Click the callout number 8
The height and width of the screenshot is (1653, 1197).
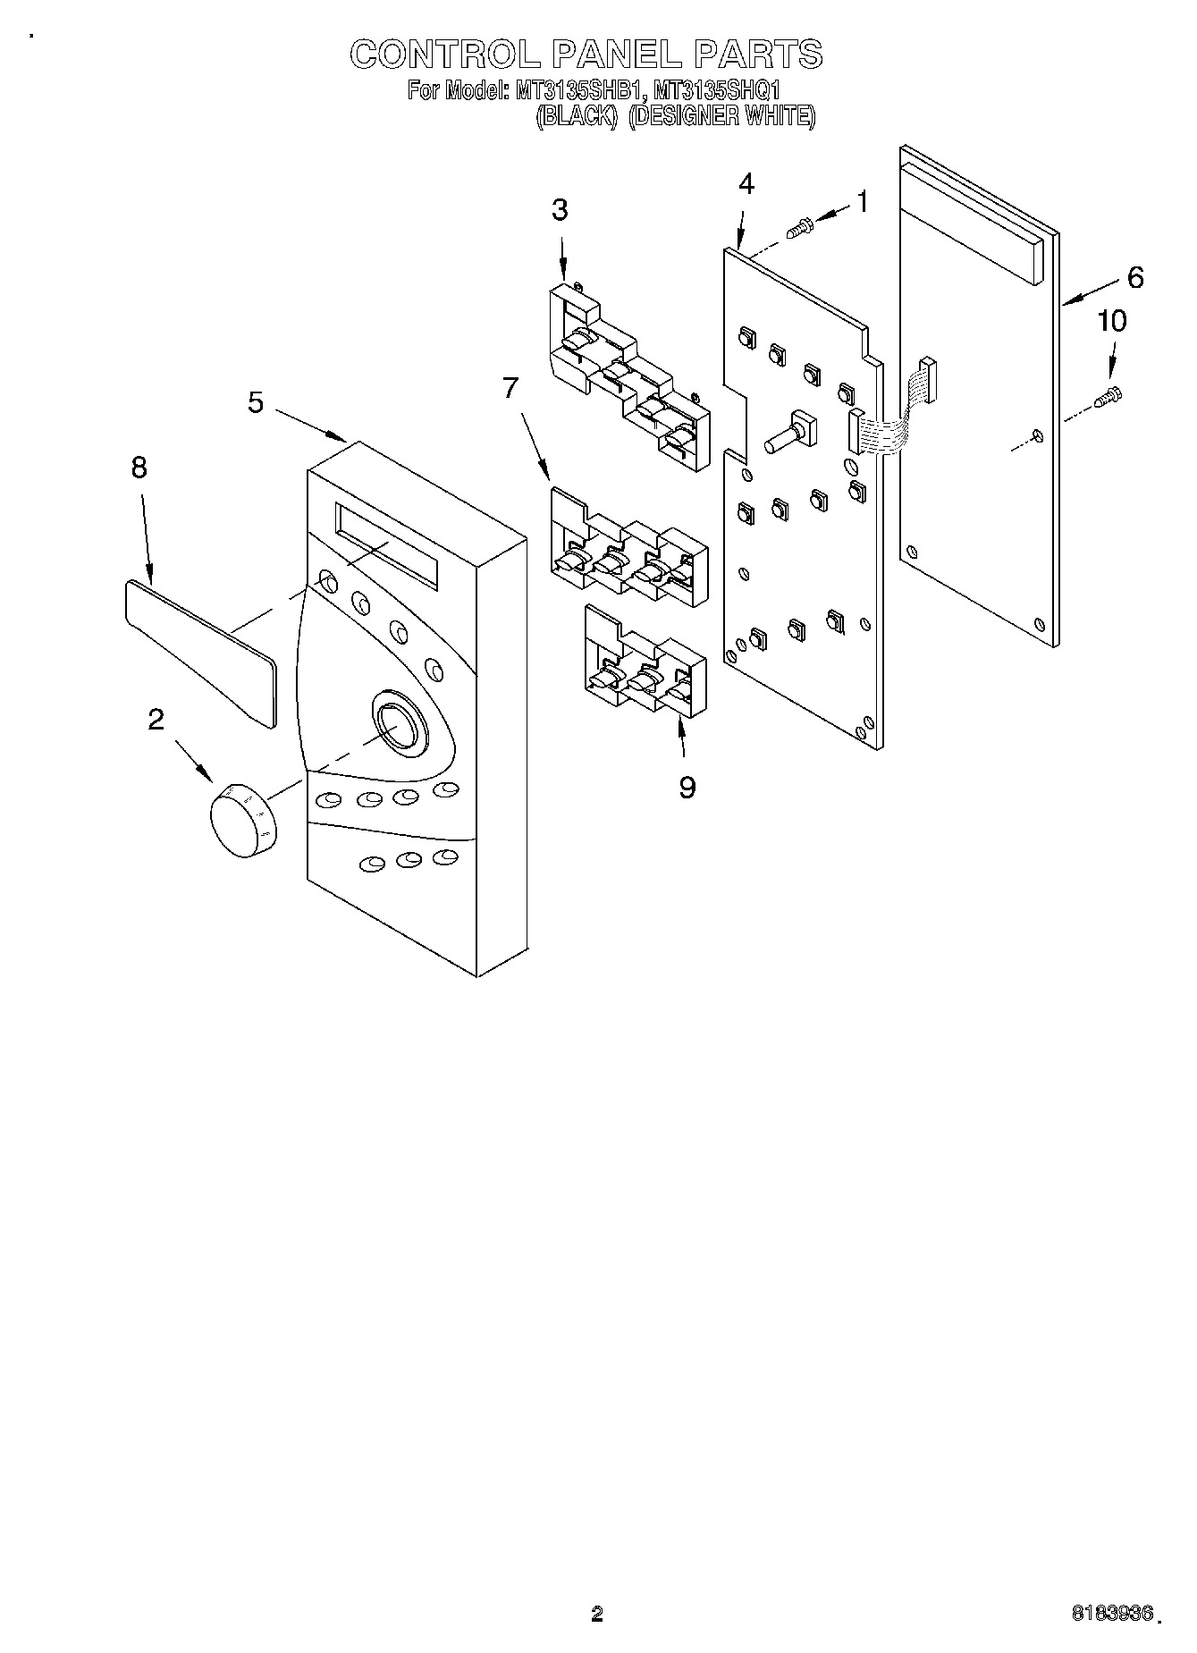139,467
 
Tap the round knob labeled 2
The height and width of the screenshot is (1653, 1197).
243,819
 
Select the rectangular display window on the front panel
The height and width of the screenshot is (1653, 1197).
386,545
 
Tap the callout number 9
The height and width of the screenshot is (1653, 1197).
687,787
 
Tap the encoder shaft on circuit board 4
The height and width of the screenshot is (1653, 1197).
787,436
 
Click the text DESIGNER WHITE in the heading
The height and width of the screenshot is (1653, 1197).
721,116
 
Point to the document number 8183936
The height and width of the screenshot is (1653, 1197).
1115,1615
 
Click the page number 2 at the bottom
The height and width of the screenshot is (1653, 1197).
597,1615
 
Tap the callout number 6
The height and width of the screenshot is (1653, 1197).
1134,277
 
